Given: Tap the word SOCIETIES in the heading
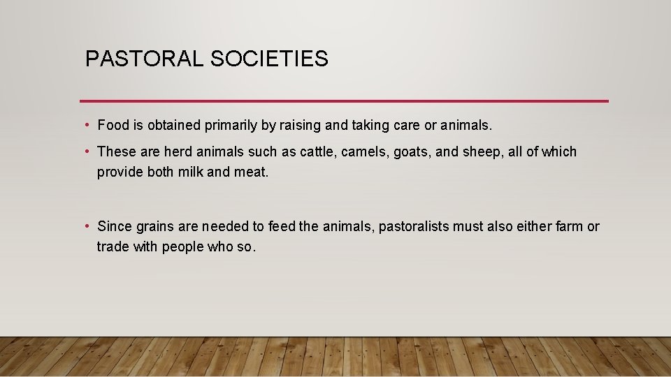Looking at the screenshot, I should pos(269,59).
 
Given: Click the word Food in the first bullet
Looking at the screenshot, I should pos(112,126).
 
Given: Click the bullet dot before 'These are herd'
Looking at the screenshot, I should pos(87,151).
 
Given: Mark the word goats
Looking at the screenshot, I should pos(412,151).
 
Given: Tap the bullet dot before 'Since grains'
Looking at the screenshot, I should pos(87,226).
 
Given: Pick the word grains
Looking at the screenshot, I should pos(152,226).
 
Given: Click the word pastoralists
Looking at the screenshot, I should pos(414,226).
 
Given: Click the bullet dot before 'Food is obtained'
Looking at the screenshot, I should pos(87,126).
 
